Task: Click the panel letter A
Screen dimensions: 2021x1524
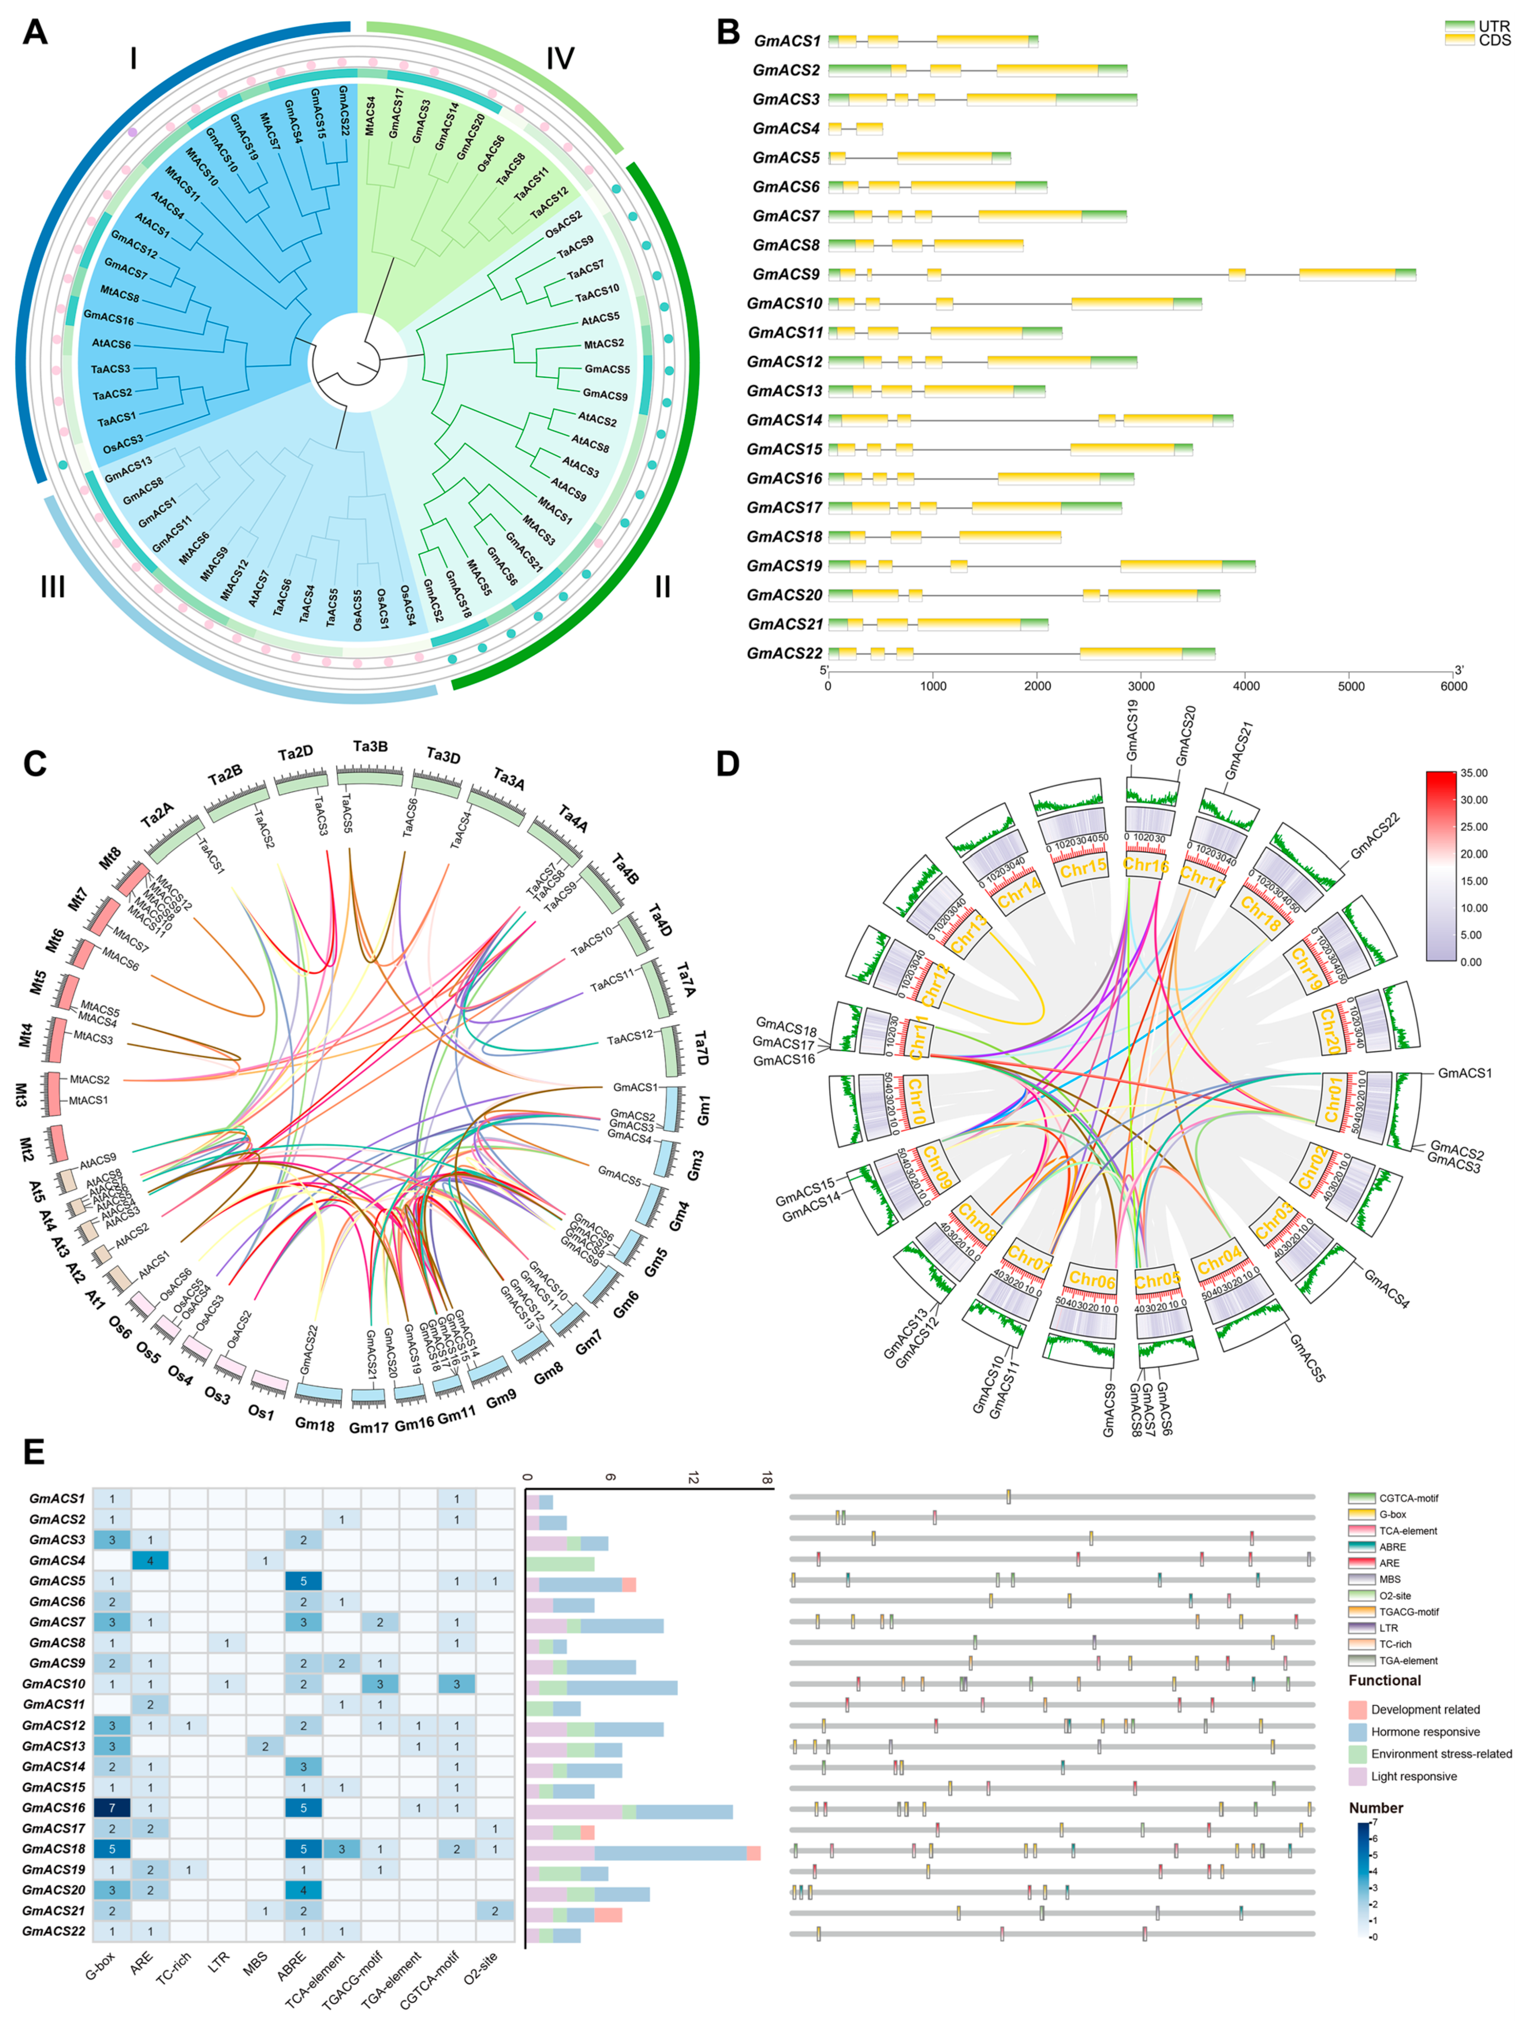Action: pos(35,33)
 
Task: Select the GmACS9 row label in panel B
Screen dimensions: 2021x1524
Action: pos(786,274)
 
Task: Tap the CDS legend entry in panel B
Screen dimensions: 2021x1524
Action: pos(1494,40)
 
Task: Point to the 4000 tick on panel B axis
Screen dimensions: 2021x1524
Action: pos(1246,686)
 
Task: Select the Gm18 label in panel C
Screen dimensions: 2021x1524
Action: pos(314,1424)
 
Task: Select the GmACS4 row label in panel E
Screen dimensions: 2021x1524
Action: pos(57,1561)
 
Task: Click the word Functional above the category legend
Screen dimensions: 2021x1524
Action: pos(1384,1681)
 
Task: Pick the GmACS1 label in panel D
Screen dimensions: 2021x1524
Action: pos(1464,1073)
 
